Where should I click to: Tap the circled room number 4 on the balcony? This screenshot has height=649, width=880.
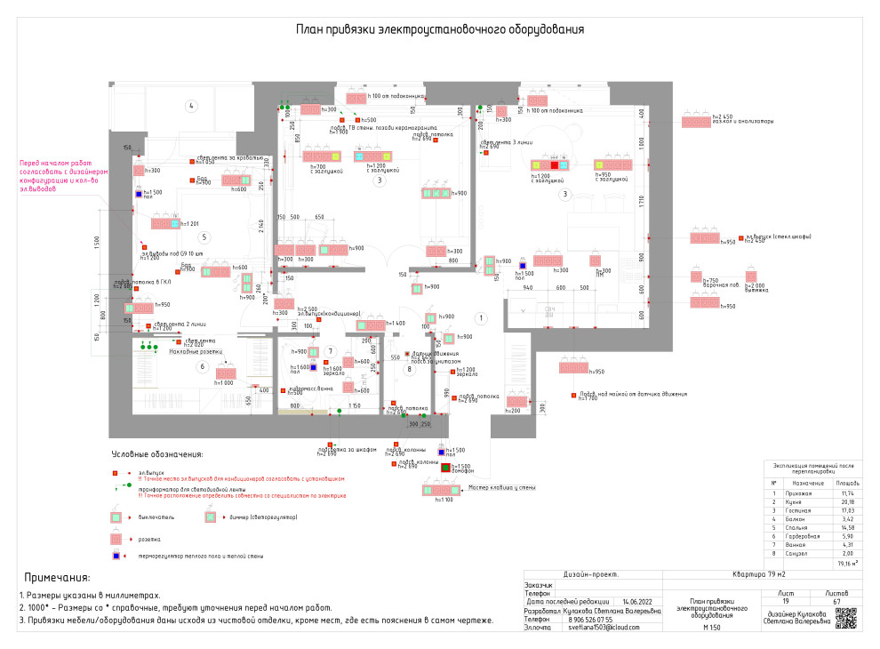pos(190,106)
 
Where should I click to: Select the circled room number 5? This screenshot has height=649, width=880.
pos(204,237)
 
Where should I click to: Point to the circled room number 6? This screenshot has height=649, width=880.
pos(203,366)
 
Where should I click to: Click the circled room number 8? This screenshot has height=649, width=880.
pos(410,368)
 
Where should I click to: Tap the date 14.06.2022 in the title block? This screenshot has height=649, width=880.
pos(636,602)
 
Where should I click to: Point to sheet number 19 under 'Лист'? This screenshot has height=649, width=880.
pos(786,602)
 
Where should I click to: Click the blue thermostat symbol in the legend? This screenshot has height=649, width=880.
pos(116,557)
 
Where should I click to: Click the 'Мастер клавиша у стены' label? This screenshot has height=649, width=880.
pos(502,487)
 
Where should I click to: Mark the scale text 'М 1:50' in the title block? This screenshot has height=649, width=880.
pos(710,628)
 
